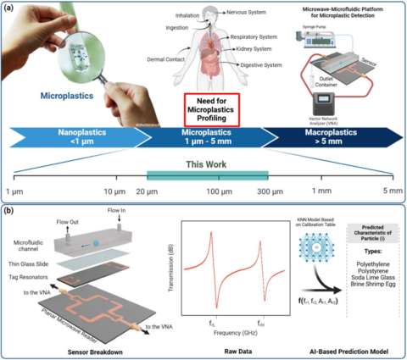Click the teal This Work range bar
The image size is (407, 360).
[x=207, y=174]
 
